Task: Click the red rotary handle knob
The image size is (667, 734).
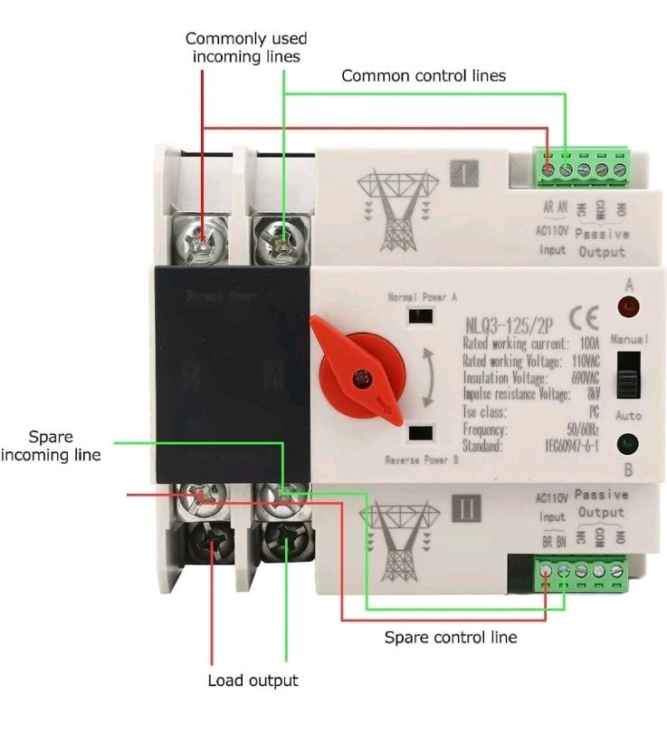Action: point(358,367)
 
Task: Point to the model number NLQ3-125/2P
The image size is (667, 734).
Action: point(505,324)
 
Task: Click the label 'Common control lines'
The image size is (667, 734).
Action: point(423,76)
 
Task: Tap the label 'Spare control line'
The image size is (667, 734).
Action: point(451,637)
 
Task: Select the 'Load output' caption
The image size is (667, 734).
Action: point(253,681)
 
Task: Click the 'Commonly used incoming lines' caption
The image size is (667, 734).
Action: point(246,47)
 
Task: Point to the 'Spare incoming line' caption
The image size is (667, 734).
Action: point(51,445)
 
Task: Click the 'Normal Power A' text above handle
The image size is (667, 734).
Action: point(422,296)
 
